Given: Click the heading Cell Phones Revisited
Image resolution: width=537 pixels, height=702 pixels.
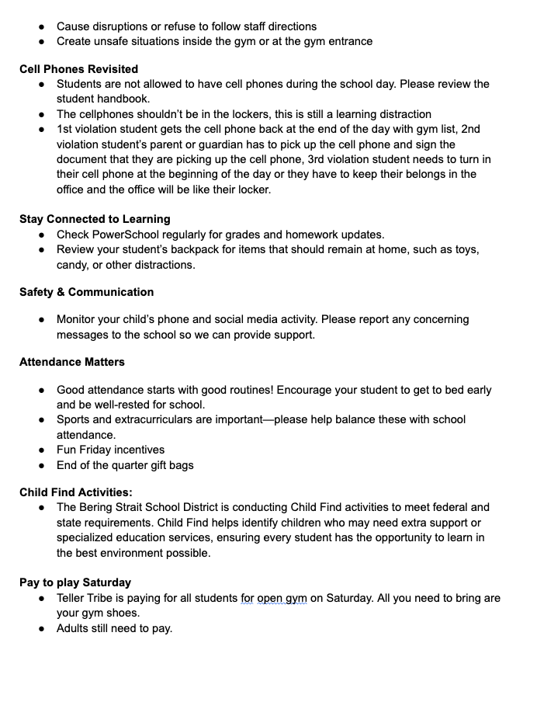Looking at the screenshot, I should (x=79, y=69).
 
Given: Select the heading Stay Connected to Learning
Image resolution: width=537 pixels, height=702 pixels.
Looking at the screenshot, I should (x=95, y=219).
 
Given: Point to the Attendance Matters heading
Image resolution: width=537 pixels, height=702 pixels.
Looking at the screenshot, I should (x=72, y=362).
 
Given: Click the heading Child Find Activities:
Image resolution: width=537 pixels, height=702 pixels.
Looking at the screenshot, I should (x=76, y=492).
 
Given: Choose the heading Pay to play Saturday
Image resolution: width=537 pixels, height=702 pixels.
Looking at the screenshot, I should (x=75, y=582).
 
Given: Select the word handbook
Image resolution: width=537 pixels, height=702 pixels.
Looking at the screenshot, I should (x=123, y=99).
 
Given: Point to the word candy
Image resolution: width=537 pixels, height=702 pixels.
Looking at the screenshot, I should (x=73, y=265).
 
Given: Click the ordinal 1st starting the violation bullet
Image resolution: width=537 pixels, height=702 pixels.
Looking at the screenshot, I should (x=66, y=129).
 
